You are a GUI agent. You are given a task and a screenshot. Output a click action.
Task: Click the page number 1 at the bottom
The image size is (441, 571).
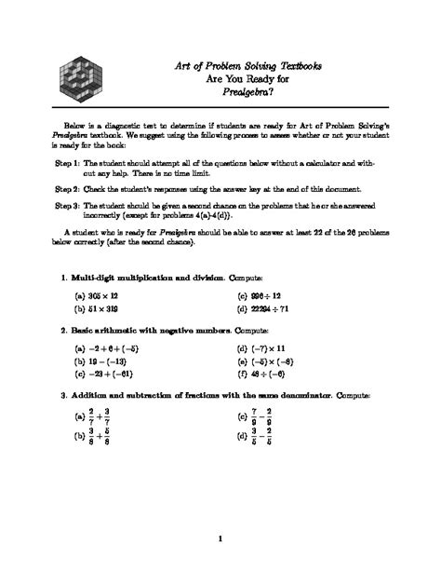[220, 538]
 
